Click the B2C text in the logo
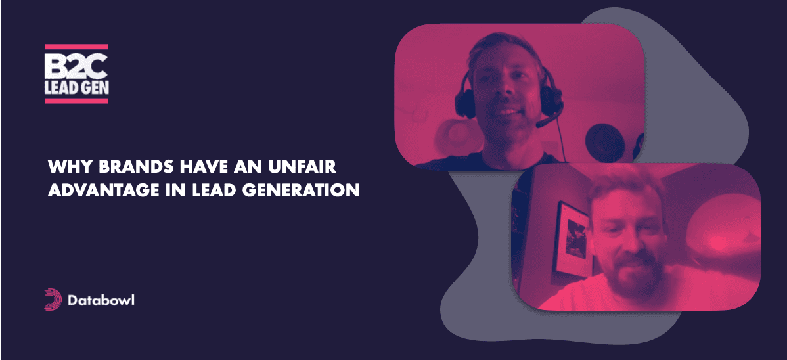click(x=76, y=66)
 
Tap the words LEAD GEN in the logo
click(x=76, y=88)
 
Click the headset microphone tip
click(x=540, y=124)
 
